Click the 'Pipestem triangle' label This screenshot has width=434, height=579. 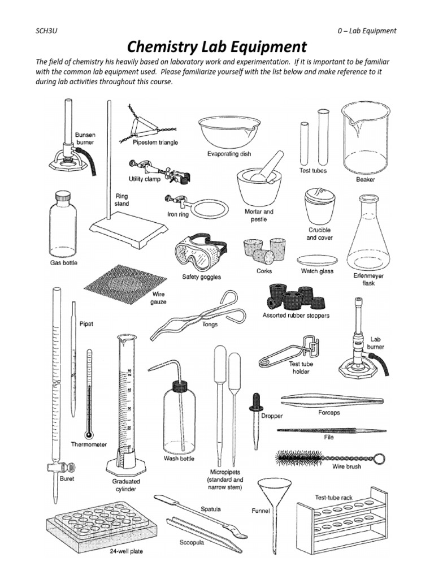[155, 142]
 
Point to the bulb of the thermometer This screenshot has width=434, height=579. [88, 435]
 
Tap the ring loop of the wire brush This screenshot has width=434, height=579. [381, 457]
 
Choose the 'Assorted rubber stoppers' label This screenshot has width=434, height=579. [296, 315]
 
